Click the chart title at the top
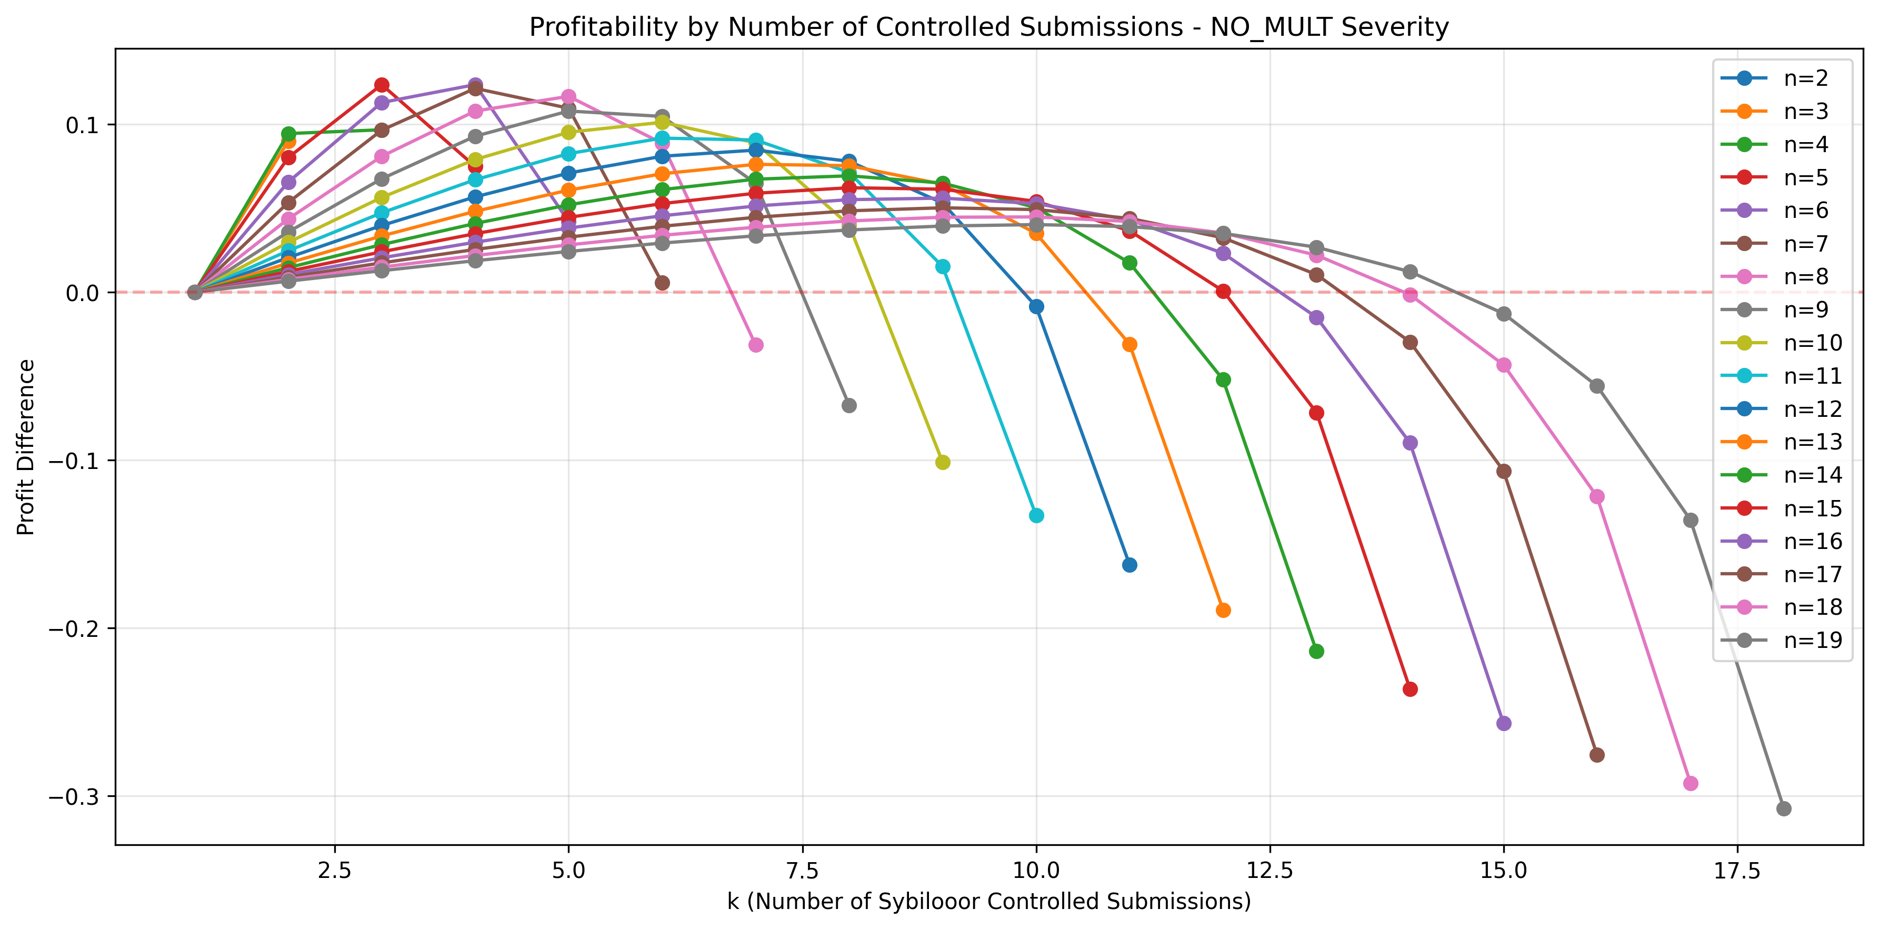point(988,27)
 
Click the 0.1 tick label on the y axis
point(82,125)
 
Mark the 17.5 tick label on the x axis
point(1737,871)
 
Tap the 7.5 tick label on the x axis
point(802,871)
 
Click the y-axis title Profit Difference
point(26,447)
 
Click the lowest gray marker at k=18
point(1783,808)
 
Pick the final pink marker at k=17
point(1690,783)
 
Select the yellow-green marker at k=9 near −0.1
point(943,462)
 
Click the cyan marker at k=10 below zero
point(1036,515)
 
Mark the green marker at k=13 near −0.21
point(1316,651)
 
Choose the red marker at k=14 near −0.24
point(1410,689)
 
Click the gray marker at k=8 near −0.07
point(849,405)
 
